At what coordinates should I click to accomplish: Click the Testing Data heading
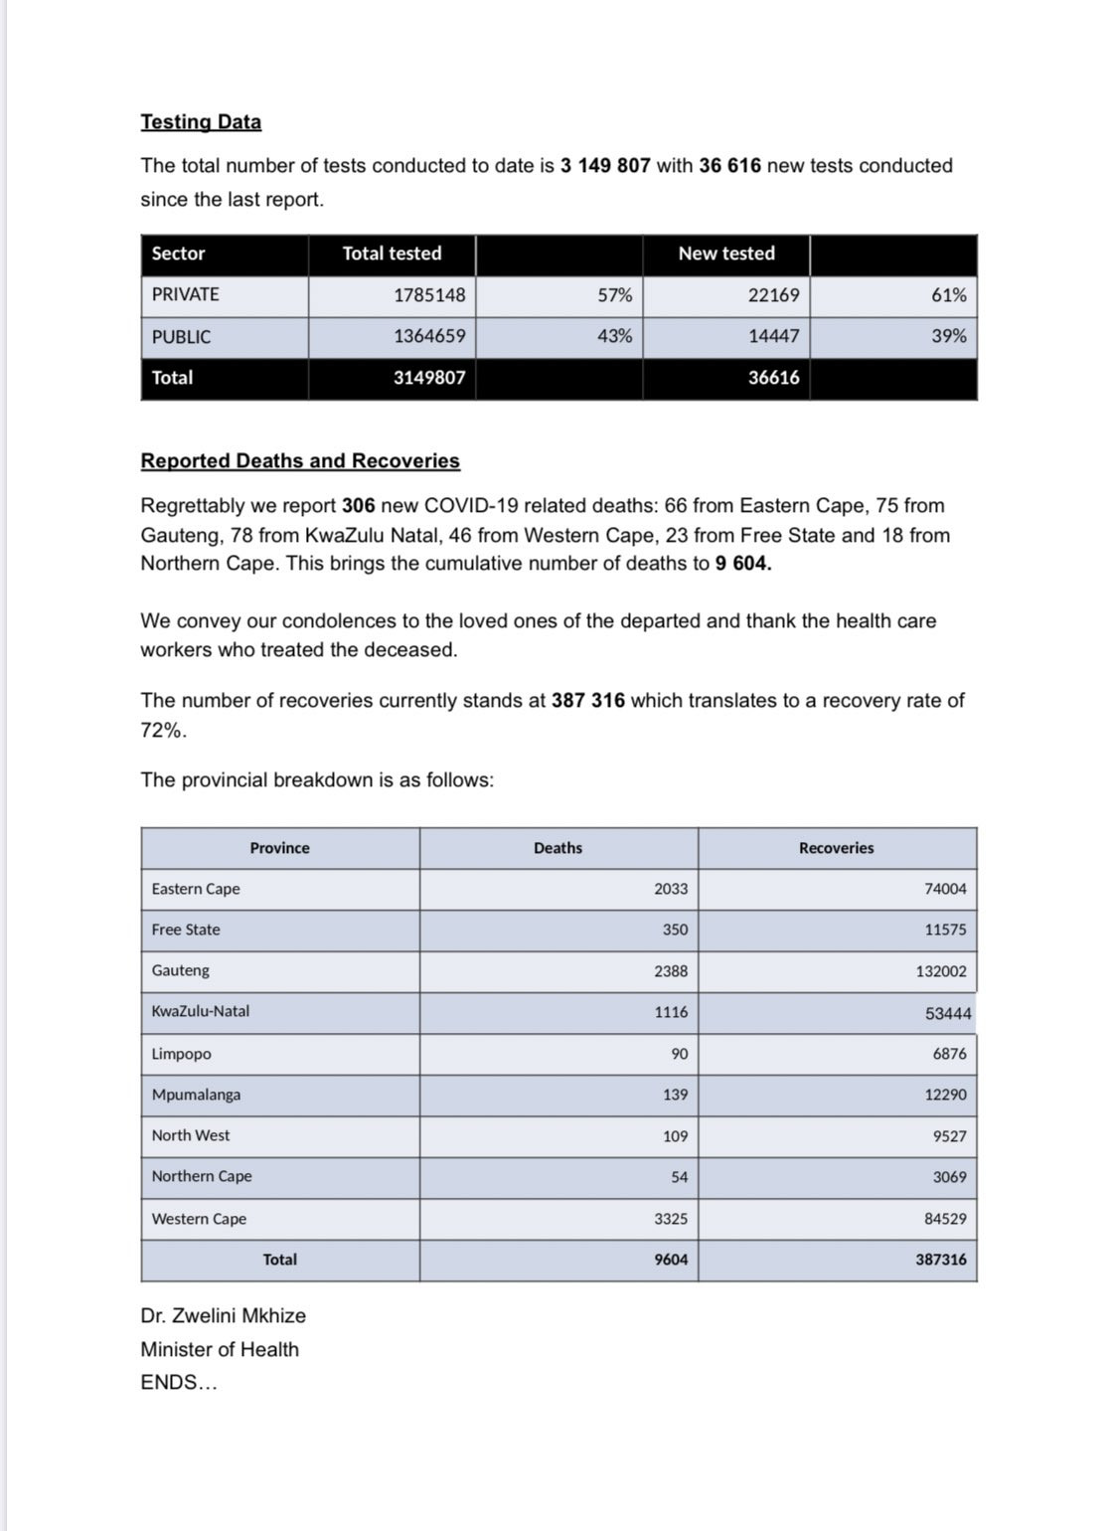pyautogui.click(x=201, y=122)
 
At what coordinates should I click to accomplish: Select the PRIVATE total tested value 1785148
pyautogui.click(x=429, y=295)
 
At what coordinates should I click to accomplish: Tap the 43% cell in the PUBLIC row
pyautogui.click(x=614, y=336)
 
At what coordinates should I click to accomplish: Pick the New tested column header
pyautogui.click(x=726, y=254)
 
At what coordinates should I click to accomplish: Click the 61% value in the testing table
pyautogui.click(x=948, y=295)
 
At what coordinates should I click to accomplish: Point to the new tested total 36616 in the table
pyautogui.click(x=773, y=378)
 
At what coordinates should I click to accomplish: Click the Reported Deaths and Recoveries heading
pyautogui.click(x=300, y=461)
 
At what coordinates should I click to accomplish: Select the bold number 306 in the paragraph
pyautogui.click(x=359, y=506)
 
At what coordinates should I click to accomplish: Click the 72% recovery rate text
pyautogui.click(x=162, y=731)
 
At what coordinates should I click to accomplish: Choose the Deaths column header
pyautogui.click(x=557, y=848)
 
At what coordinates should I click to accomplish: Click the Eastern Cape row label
pyautogui.click(x=196, y=889)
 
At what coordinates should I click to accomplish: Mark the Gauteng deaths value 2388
pyautogui.click(x=671, y=971)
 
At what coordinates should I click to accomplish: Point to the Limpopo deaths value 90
pyautogui.click(x=679, y=1054)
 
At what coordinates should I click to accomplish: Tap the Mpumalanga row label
pyautogui.click(x=196, y=1095)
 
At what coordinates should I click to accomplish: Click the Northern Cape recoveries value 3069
pyautogui.click(x=949, y=1177)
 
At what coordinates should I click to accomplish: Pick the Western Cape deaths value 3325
pyautogui.click(x=671, y=1219)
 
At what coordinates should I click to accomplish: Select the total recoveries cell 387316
pyautogui.click(x=940, y=1260)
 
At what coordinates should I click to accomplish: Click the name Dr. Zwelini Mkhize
pyautogui.click(x=223, y=1316)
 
